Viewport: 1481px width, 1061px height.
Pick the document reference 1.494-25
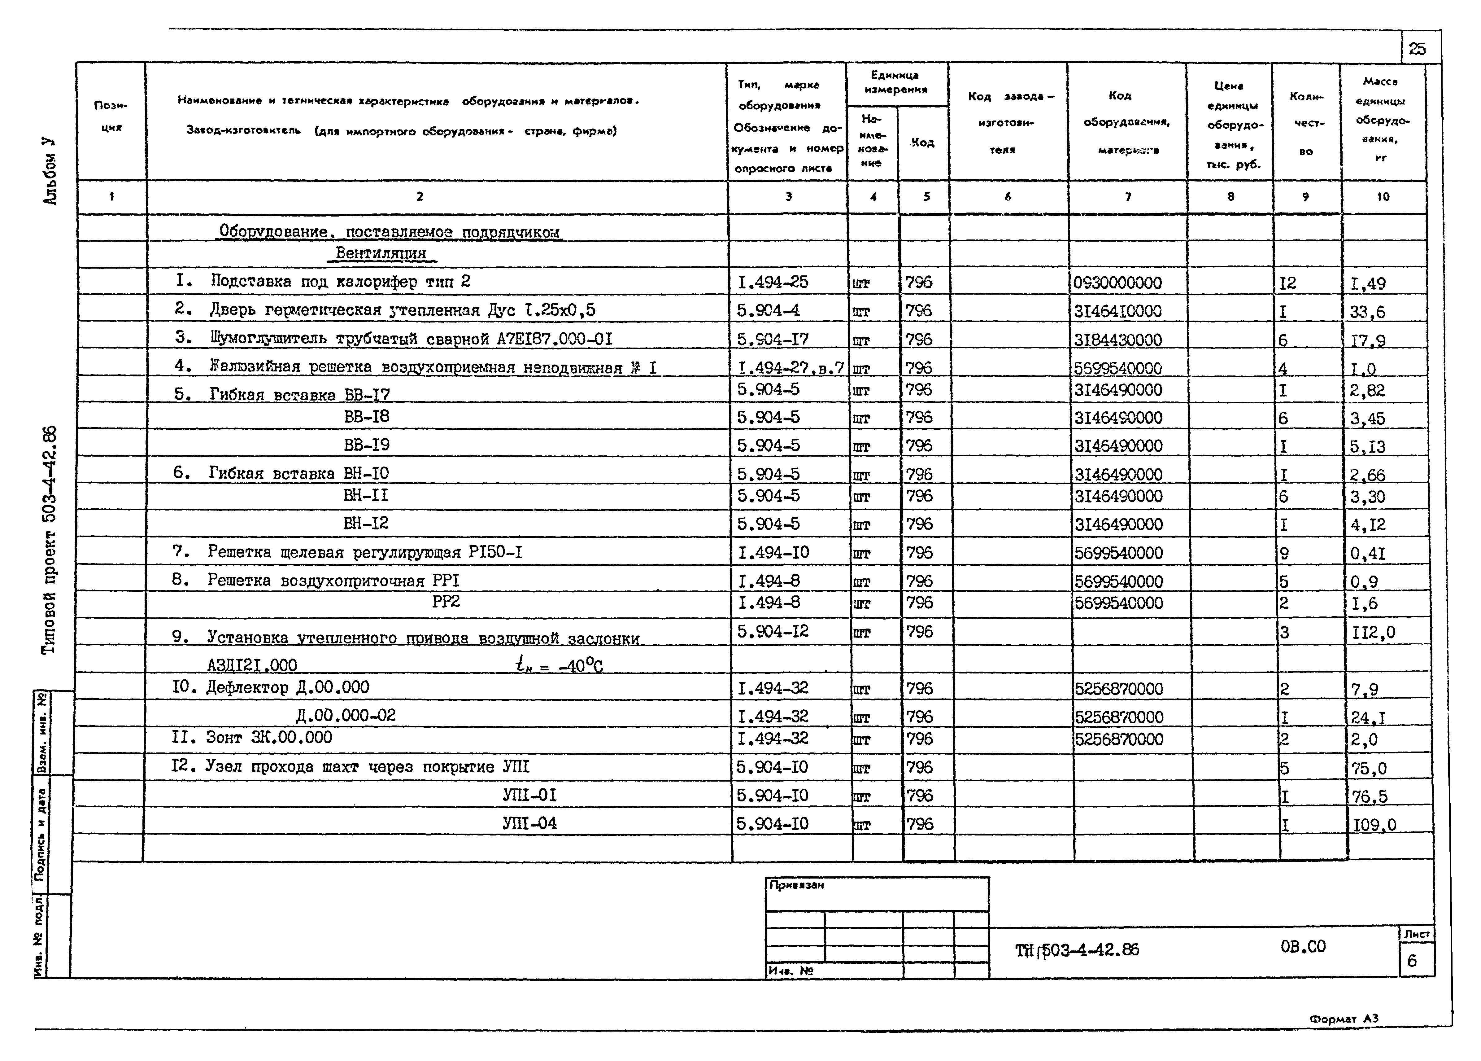point(773,282)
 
